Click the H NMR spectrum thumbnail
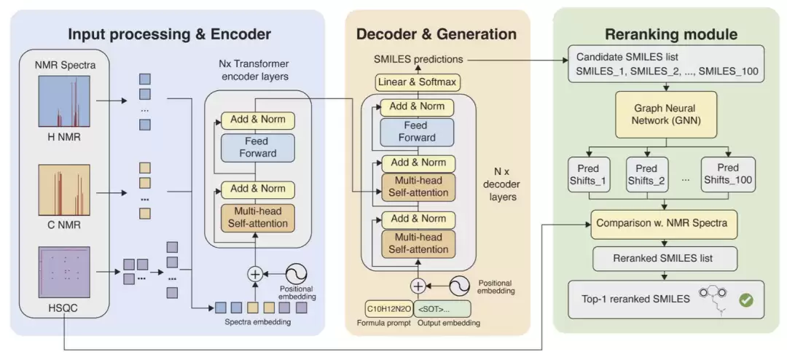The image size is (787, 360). pos(58,101)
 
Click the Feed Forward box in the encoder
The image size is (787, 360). pos(257,148)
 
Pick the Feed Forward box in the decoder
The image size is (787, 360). pos(417,133)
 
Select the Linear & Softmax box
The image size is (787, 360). pos(418,82)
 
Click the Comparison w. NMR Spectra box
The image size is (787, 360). pos(665,224)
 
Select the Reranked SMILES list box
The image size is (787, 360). pos(665,259)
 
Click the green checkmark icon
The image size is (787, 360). pos(746,300)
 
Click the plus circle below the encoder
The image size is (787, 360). pos(256,274)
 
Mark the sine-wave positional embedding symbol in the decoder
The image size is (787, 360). pos(459,286)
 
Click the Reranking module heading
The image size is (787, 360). pos(671,34)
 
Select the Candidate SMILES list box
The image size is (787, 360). pos(667,64)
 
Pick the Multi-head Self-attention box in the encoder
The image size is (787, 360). pos(257,217)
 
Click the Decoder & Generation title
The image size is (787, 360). pos(436,34)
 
